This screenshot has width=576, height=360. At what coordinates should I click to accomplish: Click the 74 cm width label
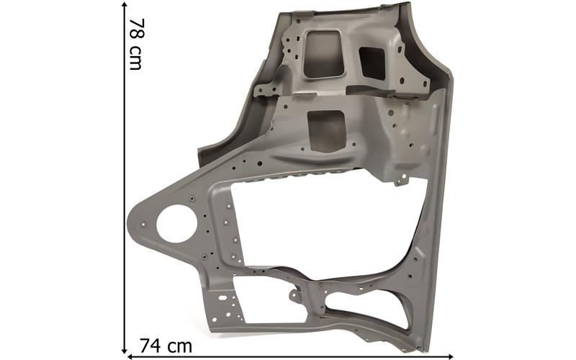tap(166, 346)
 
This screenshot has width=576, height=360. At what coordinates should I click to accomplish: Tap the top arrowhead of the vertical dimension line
tap(125, 5)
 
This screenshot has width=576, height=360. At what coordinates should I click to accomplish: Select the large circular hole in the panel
tap(176, 224)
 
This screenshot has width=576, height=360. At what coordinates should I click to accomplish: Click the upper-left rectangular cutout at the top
tap(324, 54)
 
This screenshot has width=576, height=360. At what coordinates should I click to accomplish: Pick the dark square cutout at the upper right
tap(372, 63)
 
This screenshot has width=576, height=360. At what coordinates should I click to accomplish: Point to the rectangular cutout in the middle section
tap(327, 131)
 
